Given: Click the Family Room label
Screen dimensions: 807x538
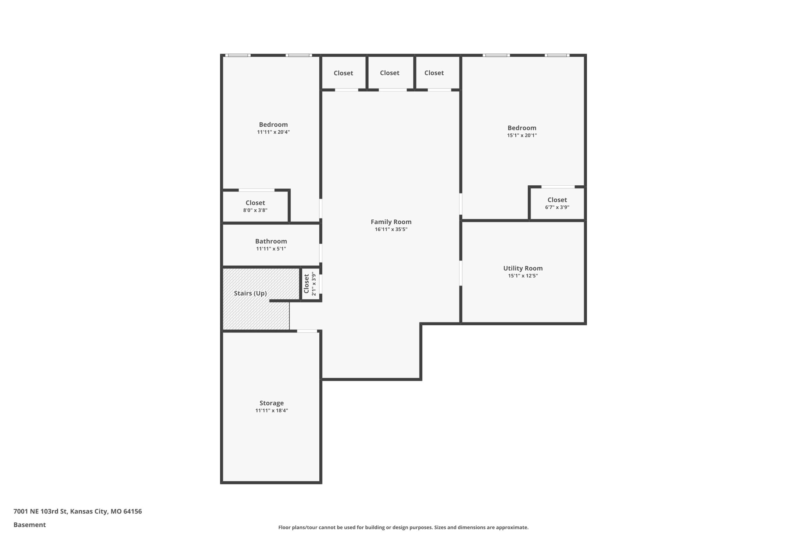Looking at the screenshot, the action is coord(391,222).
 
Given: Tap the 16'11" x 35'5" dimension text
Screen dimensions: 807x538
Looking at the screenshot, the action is coord(391,229).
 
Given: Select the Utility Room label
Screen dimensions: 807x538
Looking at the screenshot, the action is coord(523,268).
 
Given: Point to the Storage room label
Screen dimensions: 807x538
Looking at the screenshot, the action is coord(271,403).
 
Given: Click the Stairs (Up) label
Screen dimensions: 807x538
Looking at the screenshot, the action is coord(250,293).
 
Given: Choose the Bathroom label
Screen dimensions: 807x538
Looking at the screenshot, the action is coord(271,241).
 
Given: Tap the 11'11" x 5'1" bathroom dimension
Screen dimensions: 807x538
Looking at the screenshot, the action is coord(271,249).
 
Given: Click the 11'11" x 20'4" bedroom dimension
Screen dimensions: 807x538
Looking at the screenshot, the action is coord(273,132).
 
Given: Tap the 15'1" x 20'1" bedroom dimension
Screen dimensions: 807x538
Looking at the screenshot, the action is coord(522,135).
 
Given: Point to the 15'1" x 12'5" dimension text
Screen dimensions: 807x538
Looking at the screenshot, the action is coord(523,276).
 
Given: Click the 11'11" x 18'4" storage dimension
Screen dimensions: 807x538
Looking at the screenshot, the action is coord(271,411).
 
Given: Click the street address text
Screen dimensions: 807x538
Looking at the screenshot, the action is coord(78,511).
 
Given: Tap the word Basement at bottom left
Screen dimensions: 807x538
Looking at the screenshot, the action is coord(30,525).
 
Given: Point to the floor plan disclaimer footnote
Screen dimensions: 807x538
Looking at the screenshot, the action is coord(403,527).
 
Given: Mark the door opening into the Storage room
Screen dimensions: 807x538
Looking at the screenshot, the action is coord(307,331).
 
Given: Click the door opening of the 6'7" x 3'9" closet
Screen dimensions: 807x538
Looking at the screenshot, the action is coord(558,187).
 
